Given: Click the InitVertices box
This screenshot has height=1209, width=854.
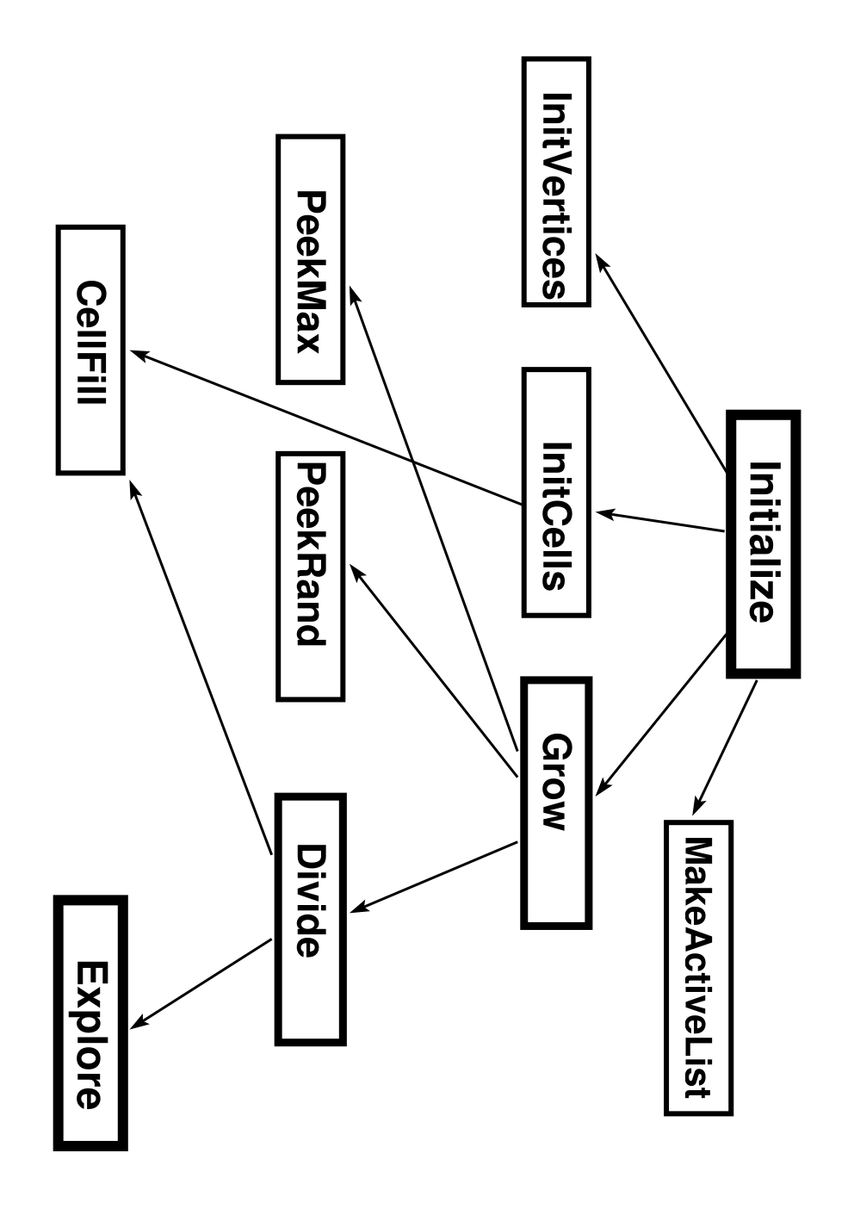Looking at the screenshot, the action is click(x=556, y=182).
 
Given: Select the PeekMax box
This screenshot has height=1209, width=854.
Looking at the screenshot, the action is click(x=310, y=259).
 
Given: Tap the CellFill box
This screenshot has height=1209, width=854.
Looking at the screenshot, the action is click(x=90, y=350).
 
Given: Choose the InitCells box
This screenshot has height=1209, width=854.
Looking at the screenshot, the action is click(x=556, y=493).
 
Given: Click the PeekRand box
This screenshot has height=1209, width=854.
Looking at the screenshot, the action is click(x=310, y=576).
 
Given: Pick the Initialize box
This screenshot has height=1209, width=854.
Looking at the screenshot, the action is click(x=764, y=544).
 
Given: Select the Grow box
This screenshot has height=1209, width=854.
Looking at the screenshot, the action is click(x=556, y=803).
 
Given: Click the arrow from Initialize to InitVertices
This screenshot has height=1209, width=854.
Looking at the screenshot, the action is click(x=661, y=363).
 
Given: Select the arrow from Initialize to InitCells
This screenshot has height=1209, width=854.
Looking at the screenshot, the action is click(x=660, y=521).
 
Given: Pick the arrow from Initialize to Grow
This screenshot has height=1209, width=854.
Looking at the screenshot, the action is click(x=661, y=715).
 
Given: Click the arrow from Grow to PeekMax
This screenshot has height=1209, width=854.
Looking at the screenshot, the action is click(x=434, y=518).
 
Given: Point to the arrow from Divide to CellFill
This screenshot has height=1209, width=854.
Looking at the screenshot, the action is click(x=201, y=669).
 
